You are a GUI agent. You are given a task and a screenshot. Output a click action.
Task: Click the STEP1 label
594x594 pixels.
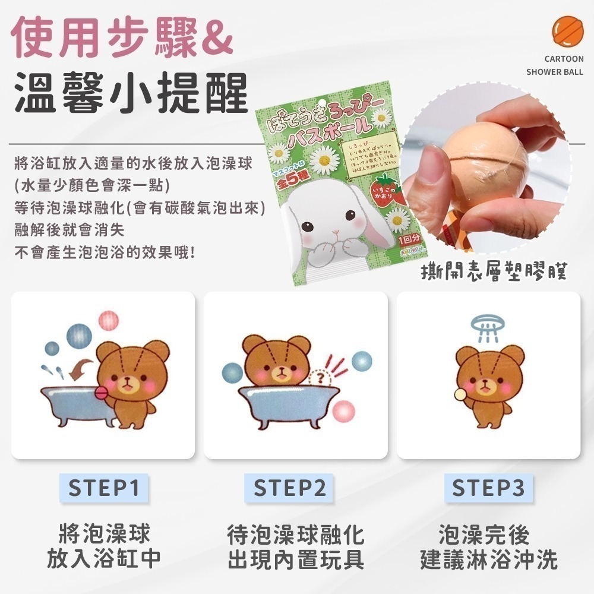(104, 488)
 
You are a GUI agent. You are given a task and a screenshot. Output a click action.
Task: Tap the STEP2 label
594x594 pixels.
(290, 488)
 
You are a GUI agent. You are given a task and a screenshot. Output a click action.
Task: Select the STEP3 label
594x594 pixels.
(488, 488)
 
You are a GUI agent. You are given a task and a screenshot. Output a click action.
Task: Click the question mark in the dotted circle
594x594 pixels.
(321, 377)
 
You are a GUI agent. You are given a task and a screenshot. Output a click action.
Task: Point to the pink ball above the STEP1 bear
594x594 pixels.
(109, 322)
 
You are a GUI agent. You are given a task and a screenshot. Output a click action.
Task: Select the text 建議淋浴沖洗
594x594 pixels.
(488, 559)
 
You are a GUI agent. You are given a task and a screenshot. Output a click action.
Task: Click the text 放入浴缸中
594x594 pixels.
(104, 559)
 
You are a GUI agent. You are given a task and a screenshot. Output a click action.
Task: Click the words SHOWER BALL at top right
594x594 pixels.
(555, 72)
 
